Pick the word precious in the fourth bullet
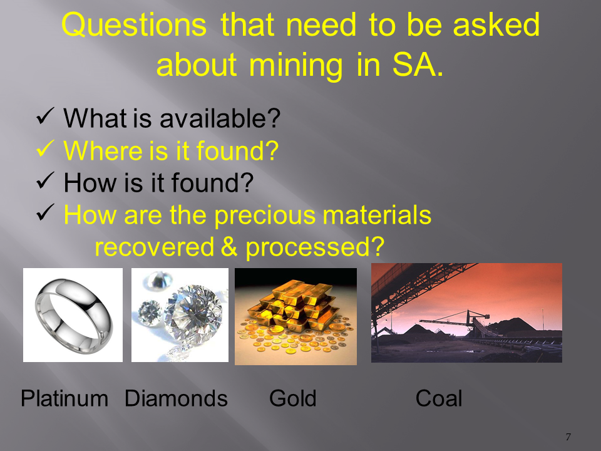click(x=265, y=215)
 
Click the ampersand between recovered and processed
click(x=230, y=247)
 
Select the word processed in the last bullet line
click(x=315, y=248)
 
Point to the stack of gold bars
click(x=293, y=304)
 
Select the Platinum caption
click(x=64, y=399)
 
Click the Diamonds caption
click(x=176, y=398)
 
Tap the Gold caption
click(x=293, y=398)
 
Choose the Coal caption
click(x=439, y=398)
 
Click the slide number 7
click(x=568, y=437)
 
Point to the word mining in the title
click(x=295, y=66)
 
